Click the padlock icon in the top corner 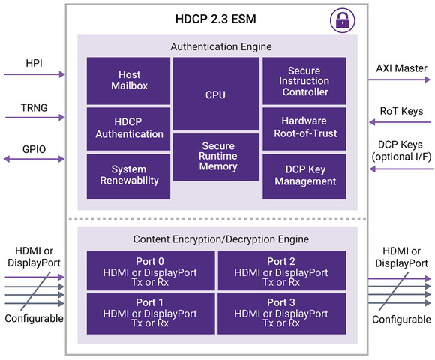point(342,20)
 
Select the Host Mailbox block point(128,80)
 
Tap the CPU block point(216,94)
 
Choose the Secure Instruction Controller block point(304,80)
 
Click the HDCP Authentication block point(128,128)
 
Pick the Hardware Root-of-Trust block point(304,128)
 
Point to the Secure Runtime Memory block point(216,157)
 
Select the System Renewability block point(128,175)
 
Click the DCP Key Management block point(304,175)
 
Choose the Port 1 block point(150,313)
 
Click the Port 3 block point(282,313)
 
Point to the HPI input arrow point(34,74)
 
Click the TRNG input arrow point(34,117)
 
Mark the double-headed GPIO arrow point(34,159)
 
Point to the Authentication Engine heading point(216,46)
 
